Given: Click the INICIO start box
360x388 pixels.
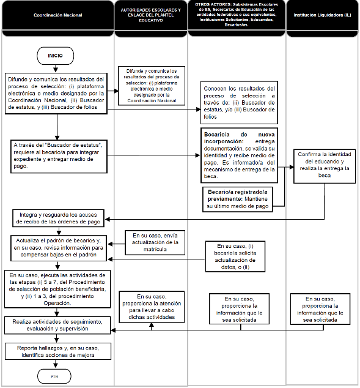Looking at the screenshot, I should [56, 55].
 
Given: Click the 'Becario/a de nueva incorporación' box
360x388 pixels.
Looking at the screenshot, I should [239, 155].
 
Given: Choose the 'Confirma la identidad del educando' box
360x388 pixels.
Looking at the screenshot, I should [323, 166].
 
